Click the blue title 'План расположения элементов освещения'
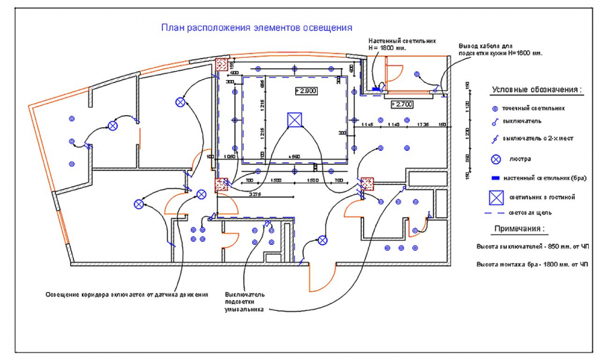tap(256, 28)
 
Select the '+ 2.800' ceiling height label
tap(306, 91)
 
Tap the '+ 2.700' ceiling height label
tap(402, 104)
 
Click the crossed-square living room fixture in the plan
tap(295, 119)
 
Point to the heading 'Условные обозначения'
tap(537, 90)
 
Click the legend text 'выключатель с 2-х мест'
tap(541, 139)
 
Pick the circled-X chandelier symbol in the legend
tap(495, 159)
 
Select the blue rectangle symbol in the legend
tap(495, 178)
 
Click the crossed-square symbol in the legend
tap(497, 197)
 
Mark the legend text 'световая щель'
tap(530, 213)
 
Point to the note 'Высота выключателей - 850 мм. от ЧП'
tap(532, 247)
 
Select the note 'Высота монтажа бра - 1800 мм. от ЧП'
tap(532, 265)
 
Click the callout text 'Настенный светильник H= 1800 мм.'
tap(397, 44)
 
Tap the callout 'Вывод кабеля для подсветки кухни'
tap(500, 49)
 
